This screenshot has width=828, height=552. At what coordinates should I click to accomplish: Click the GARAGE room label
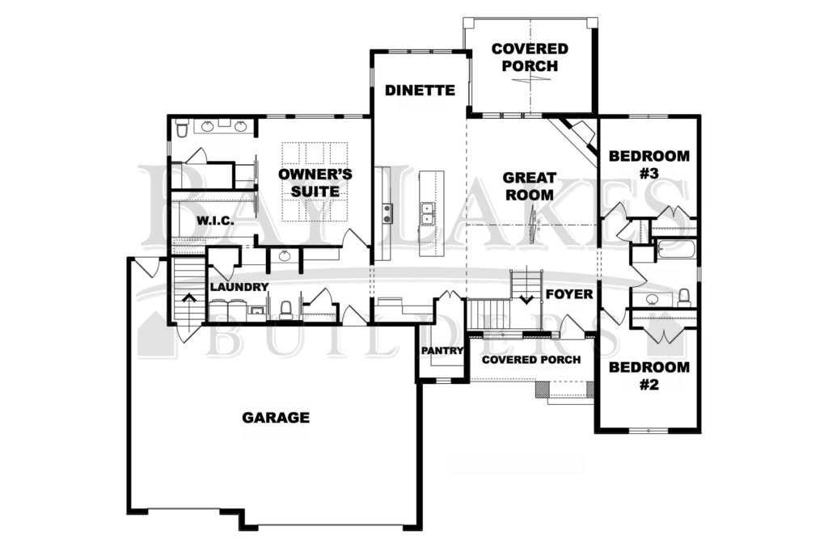(276, 417)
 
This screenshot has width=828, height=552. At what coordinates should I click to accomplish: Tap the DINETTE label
(420, 91)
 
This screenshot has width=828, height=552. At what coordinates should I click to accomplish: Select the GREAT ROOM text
(529, 186)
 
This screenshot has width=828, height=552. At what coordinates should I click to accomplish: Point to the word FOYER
(569, 293)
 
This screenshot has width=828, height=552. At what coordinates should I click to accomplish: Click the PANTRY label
(442, 351)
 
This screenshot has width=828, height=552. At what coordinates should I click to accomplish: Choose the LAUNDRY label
(239, 287)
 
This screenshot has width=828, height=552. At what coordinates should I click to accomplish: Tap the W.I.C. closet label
(215, 221)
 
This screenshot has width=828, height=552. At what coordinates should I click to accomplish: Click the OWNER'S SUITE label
(315, 183)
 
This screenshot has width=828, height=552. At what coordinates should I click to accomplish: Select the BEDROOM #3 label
(649, 164)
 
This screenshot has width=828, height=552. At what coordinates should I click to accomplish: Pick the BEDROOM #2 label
(649, 375)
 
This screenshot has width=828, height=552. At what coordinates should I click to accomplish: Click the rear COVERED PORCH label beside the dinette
(530, 57)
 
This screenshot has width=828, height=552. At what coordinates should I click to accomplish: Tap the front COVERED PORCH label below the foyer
(531, 360)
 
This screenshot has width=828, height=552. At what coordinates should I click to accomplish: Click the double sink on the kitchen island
(426, 213)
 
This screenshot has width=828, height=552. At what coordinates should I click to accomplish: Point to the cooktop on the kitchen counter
(387, 213)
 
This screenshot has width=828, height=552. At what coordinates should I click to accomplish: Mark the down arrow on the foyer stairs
(526, 299)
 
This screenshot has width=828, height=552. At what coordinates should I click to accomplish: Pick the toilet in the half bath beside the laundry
(285, 310)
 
